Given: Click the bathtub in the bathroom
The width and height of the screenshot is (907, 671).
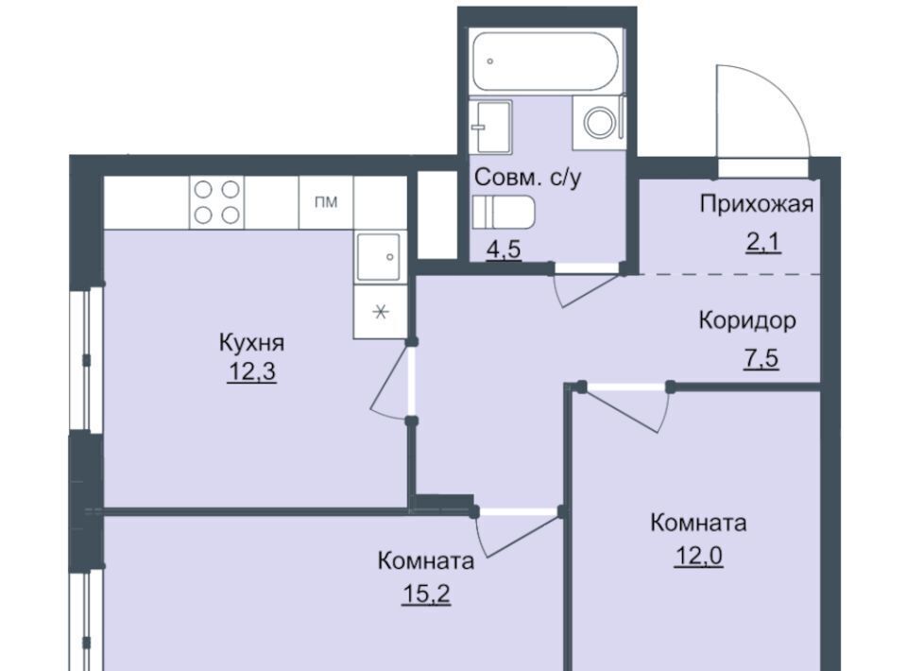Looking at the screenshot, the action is (x=545, y=61).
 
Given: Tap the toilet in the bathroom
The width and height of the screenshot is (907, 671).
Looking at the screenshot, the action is (x=504, y=213).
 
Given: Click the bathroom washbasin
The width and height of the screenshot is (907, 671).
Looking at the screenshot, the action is (x=490, y=127).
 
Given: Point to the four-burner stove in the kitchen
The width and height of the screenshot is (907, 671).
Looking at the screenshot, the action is (x=217, y=202).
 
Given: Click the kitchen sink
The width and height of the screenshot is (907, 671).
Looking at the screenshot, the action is (x=378, y=256).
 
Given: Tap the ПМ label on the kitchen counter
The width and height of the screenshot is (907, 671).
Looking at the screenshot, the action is (x=326, y=202).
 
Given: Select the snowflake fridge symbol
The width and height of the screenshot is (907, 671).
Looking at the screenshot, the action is (x=380, y=313).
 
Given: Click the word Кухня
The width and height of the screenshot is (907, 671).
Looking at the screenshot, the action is (x=251, y=342).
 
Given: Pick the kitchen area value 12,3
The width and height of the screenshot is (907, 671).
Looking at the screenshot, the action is (x=252, y=372).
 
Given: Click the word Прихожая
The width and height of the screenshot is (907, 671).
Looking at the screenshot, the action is (x=757, y=203).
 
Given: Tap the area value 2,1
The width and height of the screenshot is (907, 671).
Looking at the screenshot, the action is (x=763, y=243).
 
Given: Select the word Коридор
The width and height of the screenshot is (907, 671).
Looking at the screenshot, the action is (x=747, y=319).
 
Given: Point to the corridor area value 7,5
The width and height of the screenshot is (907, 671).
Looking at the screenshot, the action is (x=761, y=358).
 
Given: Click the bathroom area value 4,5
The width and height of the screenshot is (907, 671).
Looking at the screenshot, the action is (x=504, y=249).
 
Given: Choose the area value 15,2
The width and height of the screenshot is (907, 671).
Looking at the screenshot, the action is (x=426, y=594).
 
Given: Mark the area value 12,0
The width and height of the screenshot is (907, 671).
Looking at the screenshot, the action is (x=698, y=557).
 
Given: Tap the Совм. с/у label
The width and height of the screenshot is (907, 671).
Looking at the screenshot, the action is (x=527, y=178).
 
